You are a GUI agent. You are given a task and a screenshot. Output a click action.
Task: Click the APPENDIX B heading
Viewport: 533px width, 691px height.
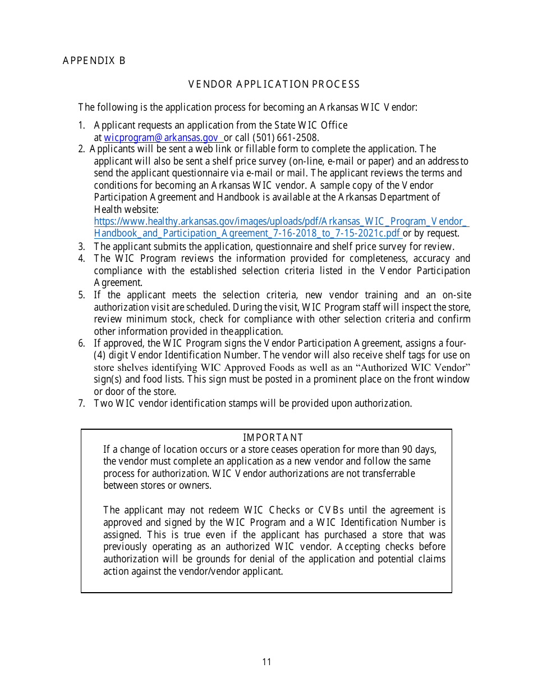click(94, 61)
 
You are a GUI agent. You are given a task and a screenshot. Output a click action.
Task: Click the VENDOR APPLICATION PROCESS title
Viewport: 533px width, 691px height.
click(274, 84)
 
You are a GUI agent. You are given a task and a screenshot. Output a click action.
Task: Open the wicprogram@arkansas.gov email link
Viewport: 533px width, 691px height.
click(161, 137)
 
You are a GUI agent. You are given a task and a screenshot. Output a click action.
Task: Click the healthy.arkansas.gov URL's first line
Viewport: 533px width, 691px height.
click(281, 221)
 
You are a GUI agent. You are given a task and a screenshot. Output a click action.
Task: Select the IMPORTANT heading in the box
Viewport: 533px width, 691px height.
click(273, 438)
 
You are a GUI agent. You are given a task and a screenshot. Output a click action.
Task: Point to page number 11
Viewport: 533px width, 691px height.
click(266, 662)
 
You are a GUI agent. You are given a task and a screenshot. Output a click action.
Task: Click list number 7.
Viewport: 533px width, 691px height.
click(81, 403)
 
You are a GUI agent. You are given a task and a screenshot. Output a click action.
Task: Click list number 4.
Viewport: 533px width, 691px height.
click(81, 258)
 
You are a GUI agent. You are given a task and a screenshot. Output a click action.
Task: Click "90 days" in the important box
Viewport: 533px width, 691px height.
click(417, 449)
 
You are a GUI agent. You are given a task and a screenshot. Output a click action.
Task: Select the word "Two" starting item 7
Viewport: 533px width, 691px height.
click(103, 403)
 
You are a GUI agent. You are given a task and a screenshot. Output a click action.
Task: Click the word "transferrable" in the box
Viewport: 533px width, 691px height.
click(387, 474)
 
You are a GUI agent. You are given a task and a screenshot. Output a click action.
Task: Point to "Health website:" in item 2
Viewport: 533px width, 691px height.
click(126, 210)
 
